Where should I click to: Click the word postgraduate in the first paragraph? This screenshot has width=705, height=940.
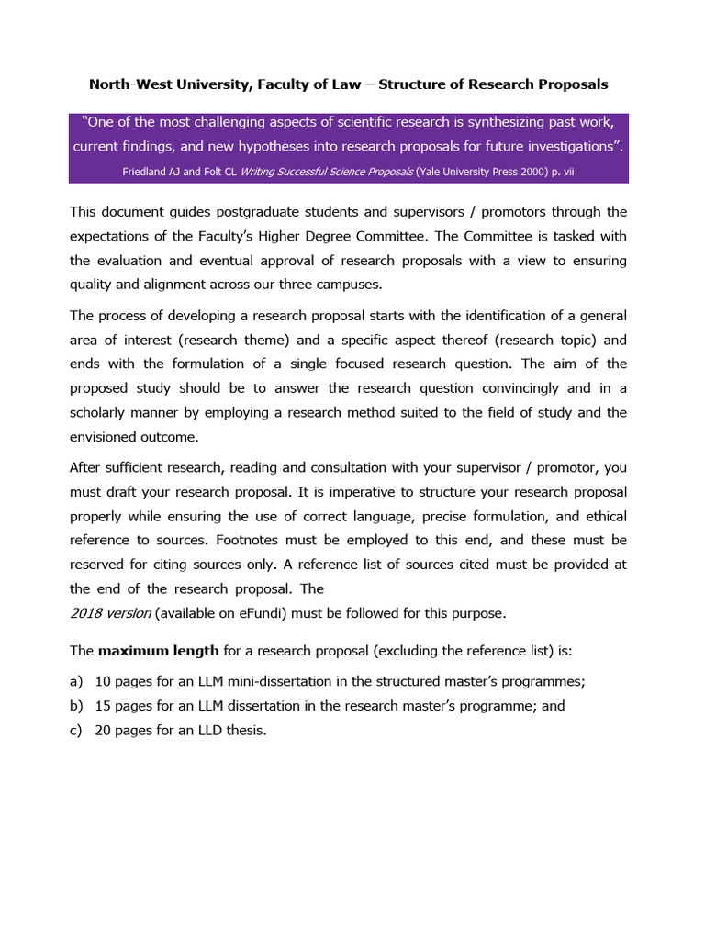click(x=236, y=212)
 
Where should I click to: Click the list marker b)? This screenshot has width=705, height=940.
click(x=76, y=706)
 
